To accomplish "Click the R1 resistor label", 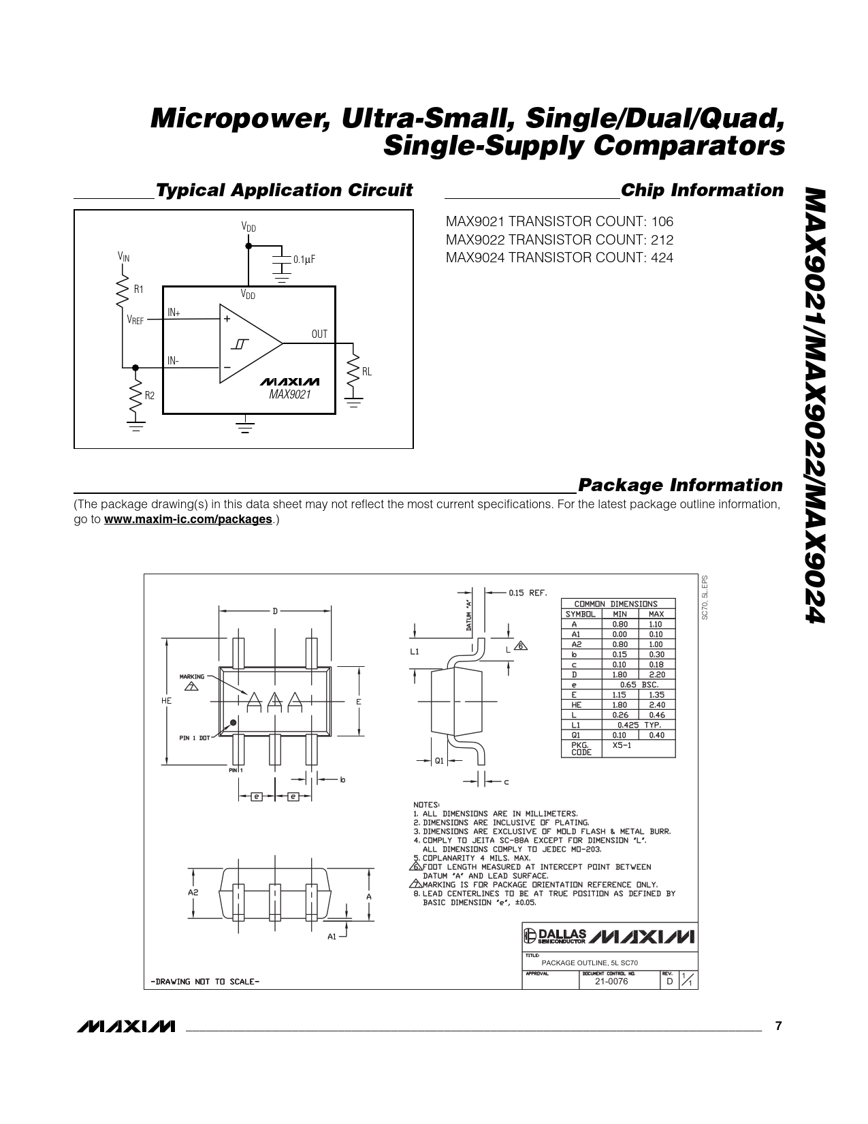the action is (x=139, y=289).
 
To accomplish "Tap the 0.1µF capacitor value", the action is (x=304, y=260).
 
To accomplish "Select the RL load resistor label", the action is (x=366, y=371).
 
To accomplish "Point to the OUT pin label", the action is (x=319, y=334).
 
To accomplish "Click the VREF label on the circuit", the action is (x=135, y=319).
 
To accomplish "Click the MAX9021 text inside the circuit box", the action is (x=289, y=394).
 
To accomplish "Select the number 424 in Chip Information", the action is (x=662, y=257).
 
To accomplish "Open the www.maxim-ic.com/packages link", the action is (x=188, y=519).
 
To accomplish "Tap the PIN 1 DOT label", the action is (x=195, y=738).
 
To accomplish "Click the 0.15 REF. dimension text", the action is (x=528, y=593).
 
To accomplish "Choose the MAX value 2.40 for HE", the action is (x=656, y=705).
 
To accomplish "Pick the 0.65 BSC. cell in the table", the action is (x=639, y=685).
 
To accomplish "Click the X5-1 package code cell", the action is (x=621, y=745).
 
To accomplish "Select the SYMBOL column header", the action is (x=581, y=614).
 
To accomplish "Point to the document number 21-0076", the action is (x=611, y=981).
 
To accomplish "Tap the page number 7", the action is (x=779, y=1026).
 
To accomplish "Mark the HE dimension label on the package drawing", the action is (x=167, y=701).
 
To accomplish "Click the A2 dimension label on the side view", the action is (x=193, y=892).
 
